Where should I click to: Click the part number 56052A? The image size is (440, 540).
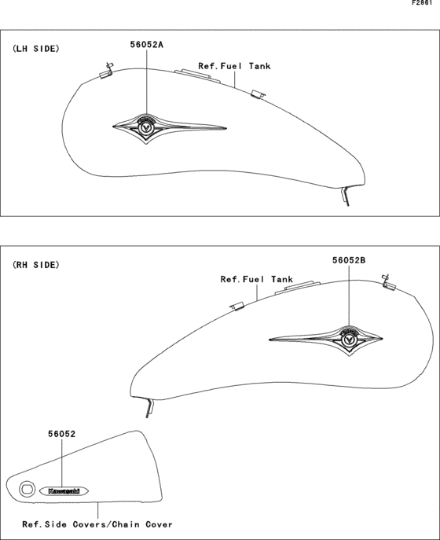(x=146, y=45)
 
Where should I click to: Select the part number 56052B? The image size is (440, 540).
(x=349, y=260)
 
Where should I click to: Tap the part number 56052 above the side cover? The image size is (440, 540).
(x=61, y=434)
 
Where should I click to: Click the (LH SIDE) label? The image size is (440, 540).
(x=36, y=49)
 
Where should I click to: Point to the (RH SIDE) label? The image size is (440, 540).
(x=36, y=265)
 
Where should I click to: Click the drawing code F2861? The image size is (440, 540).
(x=422, y=3)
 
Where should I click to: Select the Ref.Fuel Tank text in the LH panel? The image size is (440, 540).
(x=234, y=66)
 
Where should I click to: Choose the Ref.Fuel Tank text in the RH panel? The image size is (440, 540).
(x=256, y=279)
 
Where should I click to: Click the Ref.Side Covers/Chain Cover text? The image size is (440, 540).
(x=97, y=524)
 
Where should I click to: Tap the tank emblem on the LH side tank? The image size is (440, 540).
(x=170, y=128)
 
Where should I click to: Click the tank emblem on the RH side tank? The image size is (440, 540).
(x=326, y=340)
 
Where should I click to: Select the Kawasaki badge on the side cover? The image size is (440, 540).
(x=64, y=491)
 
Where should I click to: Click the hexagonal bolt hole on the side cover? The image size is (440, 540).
(x=27, y=489)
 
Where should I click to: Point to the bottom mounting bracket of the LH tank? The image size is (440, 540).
(x=346, y=197)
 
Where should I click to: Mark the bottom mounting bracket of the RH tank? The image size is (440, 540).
(x=148, y=408)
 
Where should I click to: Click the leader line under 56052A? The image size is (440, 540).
(x=146, y=82)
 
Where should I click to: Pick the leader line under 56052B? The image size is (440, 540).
(x=349, y=296)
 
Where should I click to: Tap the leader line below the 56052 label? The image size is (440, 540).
(x=61, y=462)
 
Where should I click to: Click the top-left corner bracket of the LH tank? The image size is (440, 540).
(x=106, y=71)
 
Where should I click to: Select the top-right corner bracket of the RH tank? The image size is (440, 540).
(x=389, y=283)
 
